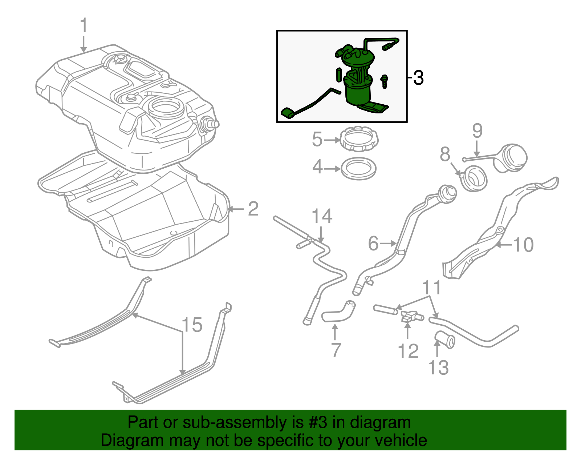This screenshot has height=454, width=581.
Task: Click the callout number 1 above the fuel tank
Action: point(84,25)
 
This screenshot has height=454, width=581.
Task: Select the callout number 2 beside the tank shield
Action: point(253,209)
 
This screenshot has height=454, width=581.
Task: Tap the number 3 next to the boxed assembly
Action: point(418,78)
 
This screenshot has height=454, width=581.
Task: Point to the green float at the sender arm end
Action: point(287,113)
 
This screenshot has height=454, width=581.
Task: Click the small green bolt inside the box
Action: point(385,81)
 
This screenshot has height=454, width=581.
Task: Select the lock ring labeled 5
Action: point(359,139)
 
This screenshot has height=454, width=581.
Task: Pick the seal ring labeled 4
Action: point(359,169)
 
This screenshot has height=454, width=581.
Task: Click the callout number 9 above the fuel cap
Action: point(478,131)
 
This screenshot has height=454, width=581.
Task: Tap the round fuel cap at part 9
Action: point(509,158)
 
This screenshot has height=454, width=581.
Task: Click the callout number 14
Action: point(322,216)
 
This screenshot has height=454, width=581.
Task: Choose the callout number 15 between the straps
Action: point(192,325)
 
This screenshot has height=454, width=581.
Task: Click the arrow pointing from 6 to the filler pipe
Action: point(388,243)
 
